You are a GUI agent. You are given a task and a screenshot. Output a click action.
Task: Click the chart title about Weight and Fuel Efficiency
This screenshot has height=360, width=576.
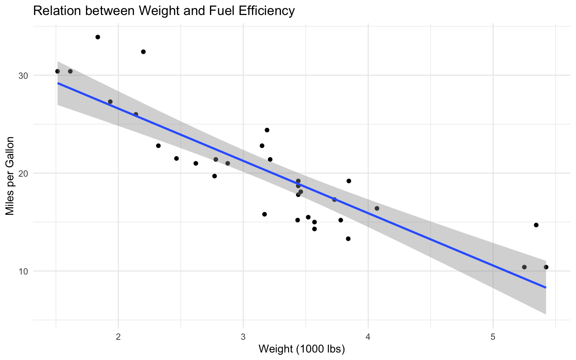(x=164, y=11)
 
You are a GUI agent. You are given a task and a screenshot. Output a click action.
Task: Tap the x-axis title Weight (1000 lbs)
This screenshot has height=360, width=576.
(x=301, y=349)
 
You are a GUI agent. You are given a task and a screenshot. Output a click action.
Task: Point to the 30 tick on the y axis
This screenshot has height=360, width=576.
(x=24, y=75)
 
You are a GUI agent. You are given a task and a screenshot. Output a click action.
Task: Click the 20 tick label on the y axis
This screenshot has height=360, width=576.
(x=24, y=173)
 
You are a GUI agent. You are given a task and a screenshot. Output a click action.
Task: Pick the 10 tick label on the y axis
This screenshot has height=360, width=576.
(x=24, y=271)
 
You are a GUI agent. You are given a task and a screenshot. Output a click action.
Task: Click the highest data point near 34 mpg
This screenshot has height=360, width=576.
(x=98, y=37)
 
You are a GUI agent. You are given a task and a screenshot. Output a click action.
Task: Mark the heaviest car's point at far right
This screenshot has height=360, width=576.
(x=546, y=267)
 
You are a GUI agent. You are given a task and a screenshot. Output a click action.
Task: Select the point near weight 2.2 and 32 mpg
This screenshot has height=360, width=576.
(x=143, y=52)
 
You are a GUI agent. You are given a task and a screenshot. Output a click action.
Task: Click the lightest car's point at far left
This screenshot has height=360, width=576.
(x=57, y=71)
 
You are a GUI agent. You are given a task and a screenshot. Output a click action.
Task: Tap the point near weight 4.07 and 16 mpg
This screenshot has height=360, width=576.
(x=377, y=208)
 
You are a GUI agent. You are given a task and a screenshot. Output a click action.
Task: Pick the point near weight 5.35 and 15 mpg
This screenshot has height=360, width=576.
(x=536, y=225)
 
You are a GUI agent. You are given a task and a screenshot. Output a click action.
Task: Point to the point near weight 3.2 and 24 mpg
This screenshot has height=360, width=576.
(x=267, y=130)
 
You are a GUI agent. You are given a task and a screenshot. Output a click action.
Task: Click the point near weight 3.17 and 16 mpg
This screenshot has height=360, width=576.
(x=264, y=214)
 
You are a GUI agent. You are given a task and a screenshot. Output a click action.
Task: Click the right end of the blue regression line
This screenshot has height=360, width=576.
(x=546, y=287)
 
